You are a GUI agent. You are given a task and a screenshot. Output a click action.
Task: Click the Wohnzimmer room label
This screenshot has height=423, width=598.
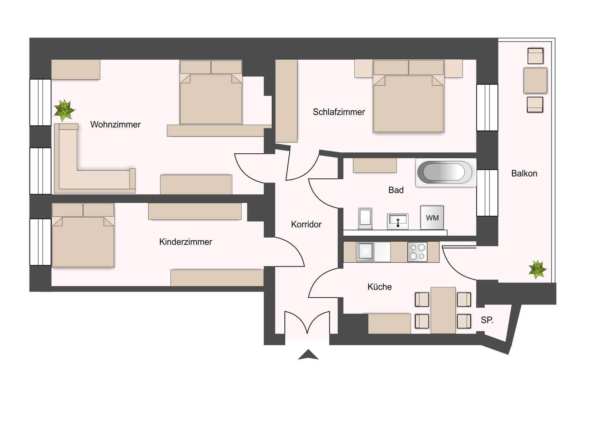115,125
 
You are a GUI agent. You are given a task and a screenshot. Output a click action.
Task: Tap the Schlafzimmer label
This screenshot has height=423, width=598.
339,112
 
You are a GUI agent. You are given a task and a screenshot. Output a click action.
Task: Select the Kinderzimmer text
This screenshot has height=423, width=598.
185,242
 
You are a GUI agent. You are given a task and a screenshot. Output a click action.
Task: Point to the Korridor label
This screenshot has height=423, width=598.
306,224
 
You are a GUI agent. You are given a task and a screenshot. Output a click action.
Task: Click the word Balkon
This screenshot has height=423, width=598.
524,174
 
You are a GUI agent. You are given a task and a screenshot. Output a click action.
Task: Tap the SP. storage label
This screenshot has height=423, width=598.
487,320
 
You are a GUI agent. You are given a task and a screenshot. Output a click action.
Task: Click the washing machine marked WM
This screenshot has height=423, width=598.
432,218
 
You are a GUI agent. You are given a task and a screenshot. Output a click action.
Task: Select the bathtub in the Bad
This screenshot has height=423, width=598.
445,172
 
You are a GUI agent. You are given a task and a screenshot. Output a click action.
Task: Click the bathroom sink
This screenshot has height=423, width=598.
398,222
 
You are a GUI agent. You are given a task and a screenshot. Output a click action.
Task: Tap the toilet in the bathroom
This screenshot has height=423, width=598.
365,218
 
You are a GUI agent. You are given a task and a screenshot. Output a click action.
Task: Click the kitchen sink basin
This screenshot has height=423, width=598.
365,251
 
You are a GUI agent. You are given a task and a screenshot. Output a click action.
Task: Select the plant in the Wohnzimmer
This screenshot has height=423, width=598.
64,110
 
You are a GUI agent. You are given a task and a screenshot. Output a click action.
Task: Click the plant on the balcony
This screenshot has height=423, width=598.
537,269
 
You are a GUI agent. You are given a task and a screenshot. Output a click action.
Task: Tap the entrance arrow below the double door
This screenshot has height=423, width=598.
308,355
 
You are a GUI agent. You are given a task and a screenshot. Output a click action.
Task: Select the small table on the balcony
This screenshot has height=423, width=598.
535,80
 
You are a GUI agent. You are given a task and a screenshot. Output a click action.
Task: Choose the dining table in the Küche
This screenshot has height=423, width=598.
443,310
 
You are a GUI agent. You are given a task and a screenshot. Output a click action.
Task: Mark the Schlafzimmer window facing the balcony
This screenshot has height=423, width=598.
487,108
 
